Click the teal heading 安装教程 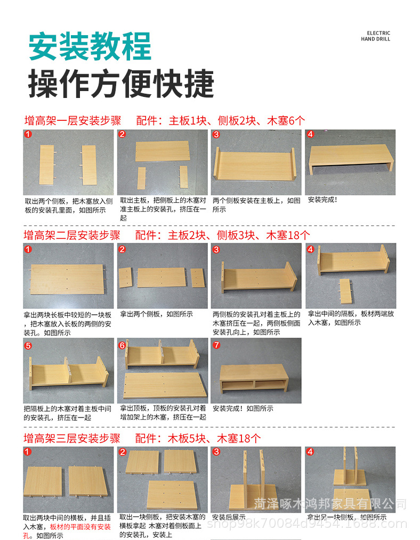click(90, 46)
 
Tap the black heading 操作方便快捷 click(121, 84)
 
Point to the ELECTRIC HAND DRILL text click(376, 36)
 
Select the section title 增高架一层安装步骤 click(72, 120)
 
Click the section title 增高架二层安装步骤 click(72, 235)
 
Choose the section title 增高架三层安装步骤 click(72, 438)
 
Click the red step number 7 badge click(216, 345)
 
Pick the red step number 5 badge click(28, 345)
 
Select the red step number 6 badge click(122, 345)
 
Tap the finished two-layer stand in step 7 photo click(254, 379)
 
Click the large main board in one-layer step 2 click(162, 151)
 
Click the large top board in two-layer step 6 click(162, 387)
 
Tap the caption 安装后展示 click(229, 517)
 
